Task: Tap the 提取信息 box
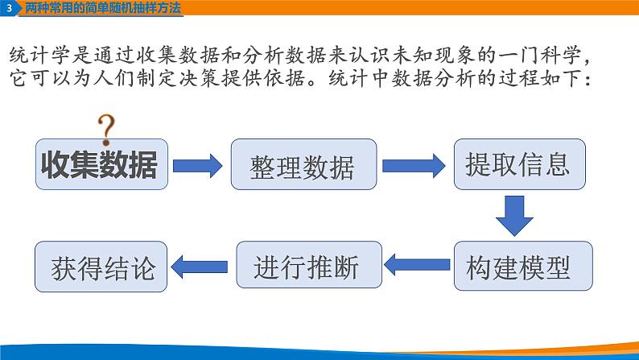(517, 164)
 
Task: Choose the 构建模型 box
(518, 267)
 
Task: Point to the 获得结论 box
(101, 267)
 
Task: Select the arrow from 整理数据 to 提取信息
(414, 165)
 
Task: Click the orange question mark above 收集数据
(105, 126)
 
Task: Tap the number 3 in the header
(9, 8)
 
